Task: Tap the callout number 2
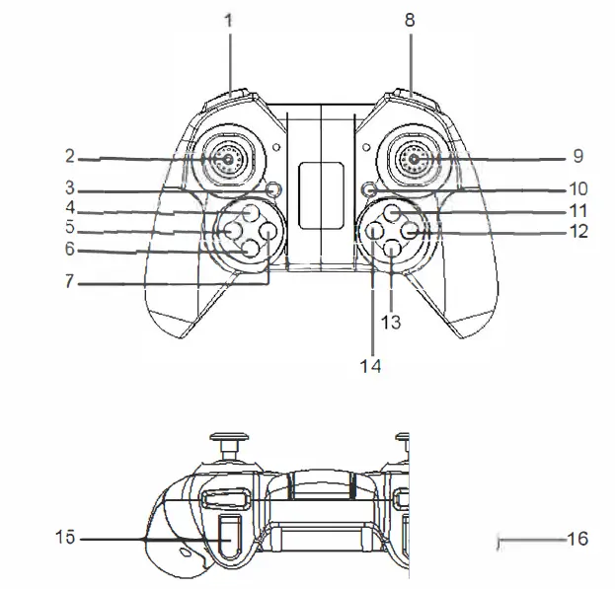tap(70, 156)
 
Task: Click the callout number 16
tap(577, 539)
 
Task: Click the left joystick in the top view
tap(227, 158)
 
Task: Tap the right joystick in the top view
tap(414, 158)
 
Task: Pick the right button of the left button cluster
tap(269, 232)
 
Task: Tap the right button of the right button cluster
tap(412, 231)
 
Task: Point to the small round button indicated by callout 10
tap(367, 187)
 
